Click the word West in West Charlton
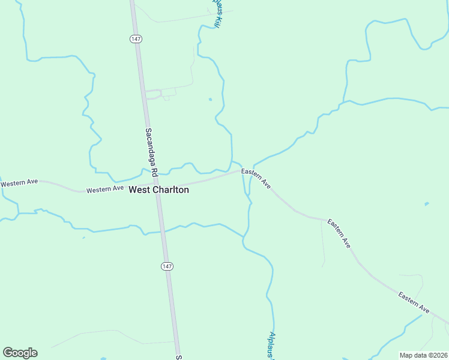139,190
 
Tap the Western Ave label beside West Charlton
104,190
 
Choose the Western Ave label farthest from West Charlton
19,182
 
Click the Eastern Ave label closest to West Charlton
256,179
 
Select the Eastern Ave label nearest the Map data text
414,302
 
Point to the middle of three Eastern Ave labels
339,234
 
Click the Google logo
20,353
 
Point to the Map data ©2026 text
423,355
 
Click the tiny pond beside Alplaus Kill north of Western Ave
209,99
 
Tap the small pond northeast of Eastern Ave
426,204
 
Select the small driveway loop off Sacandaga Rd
155,94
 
